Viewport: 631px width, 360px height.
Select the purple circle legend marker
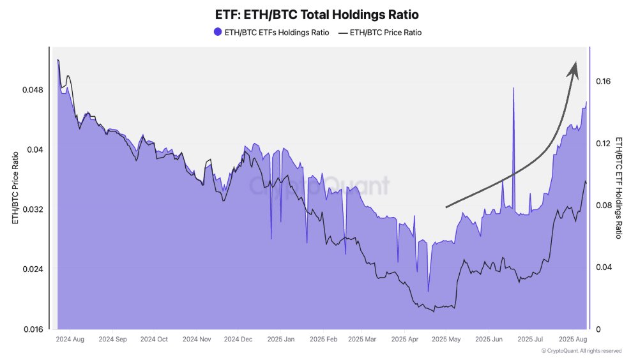[x=218, y=33]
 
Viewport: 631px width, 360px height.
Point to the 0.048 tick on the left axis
[x=33, y=89]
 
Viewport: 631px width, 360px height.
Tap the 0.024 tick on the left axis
[x=33, y=269]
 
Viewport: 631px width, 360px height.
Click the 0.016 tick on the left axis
[x=33, y=329]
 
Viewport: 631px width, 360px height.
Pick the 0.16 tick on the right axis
[x=603, y=81]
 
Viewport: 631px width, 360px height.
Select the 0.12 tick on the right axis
[x=603, y=143]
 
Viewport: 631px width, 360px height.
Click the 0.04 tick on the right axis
[x=603, y=267]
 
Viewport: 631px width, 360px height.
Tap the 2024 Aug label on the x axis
[x=70, y=340]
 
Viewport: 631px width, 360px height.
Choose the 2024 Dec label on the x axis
[x=238, y=340]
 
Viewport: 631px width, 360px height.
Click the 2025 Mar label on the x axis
[x=363, y=340]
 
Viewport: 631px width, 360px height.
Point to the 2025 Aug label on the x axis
[x=572, y=340]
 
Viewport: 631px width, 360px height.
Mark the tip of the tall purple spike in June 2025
[x=513, y=88]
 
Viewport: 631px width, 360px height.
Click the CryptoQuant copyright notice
[x=581, y=351]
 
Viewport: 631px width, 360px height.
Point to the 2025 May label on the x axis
[x=446, y=340]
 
